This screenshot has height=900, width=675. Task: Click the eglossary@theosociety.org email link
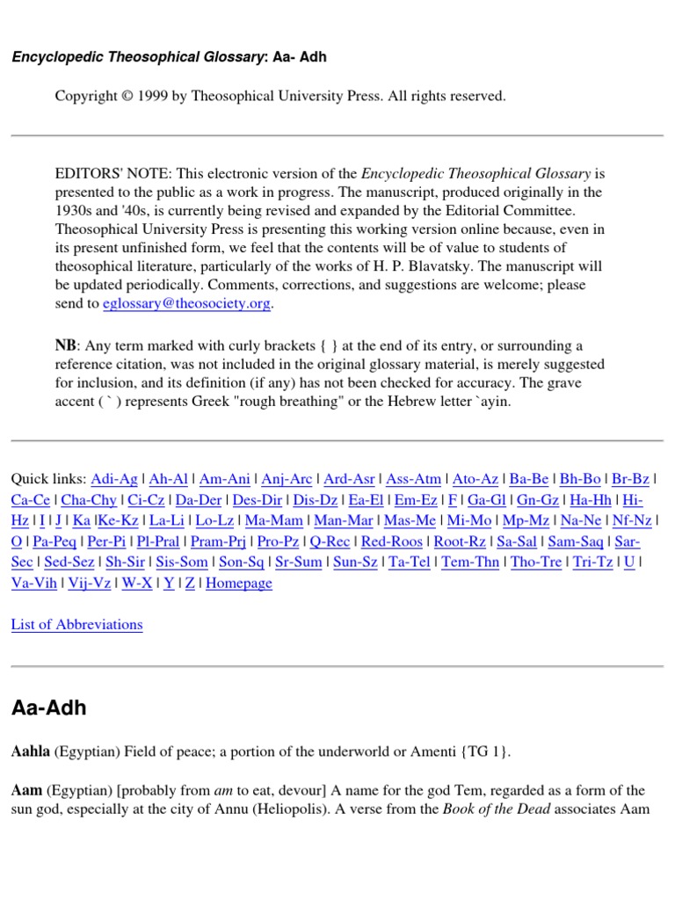coord(198,303)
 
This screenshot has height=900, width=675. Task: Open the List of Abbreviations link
coord(76,624)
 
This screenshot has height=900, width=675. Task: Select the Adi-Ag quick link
coord(114,478)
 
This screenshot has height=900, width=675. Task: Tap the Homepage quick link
coord(238,583)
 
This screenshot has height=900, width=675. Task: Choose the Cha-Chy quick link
coord(89,499)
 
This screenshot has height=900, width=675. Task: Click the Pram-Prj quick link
coord(219,541)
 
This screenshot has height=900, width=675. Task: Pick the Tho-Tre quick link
coord(536,562)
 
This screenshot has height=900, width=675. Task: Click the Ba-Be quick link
coord(529,478)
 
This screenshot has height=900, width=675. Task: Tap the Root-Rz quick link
coord(460,541)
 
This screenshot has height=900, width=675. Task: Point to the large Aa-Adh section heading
coord(48,708)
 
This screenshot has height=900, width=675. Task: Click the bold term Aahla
coord(31,751)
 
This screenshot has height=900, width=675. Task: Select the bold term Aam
coord(26,790)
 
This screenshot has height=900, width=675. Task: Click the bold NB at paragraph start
coord(66,345)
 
